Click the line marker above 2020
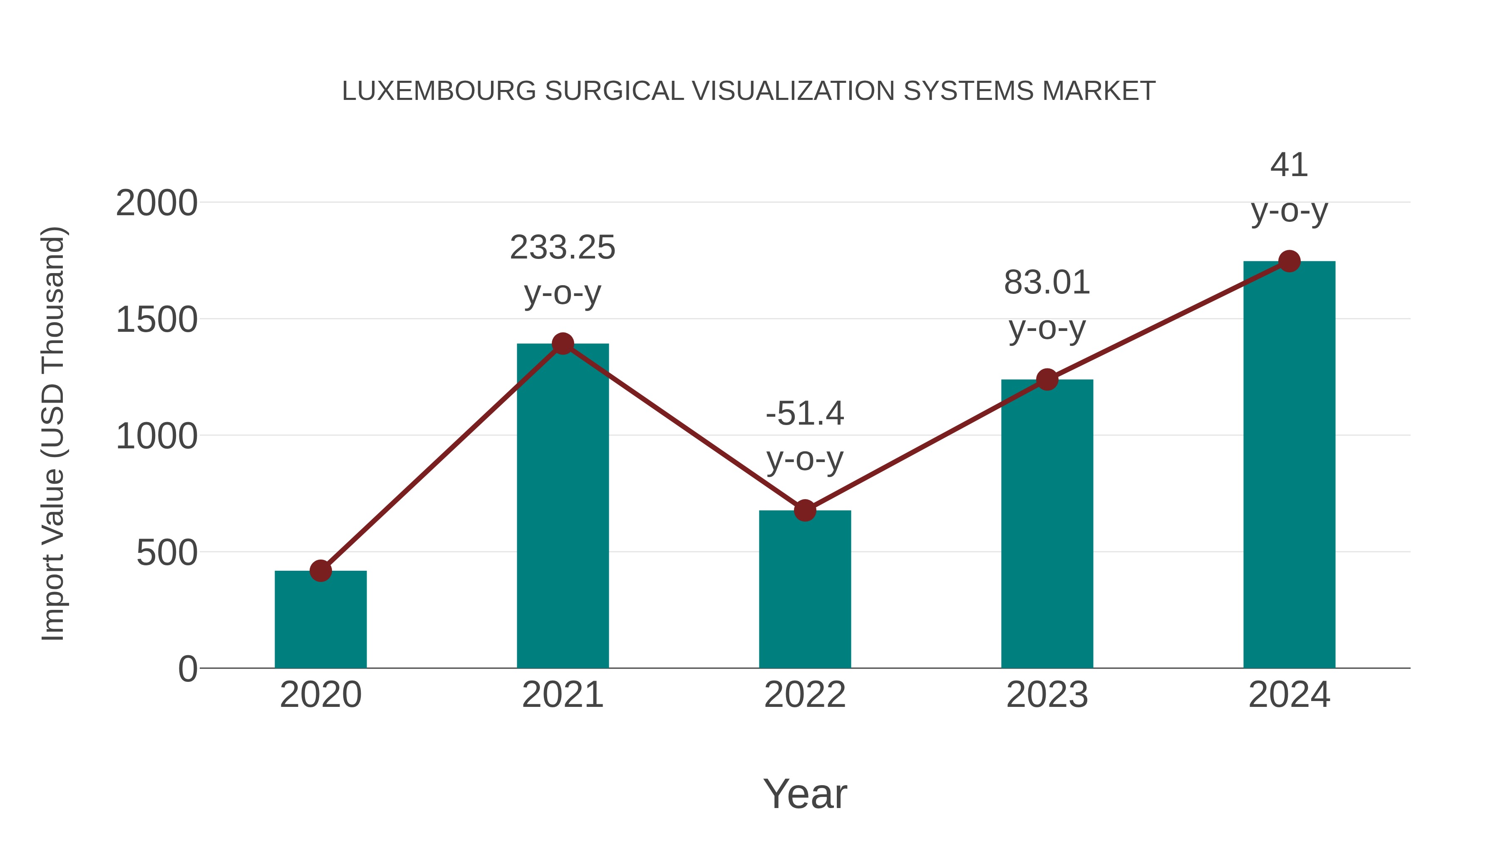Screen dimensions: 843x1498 point(320,571)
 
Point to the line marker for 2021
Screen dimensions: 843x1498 point(562,344)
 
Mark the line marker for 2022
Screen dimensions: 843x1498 point(805,510)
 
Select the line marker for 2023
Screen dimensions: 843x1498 point(1047,379)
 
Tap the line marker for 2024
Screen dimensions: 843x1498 point(1289,261)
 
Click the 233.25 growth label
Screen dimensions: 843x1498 point(562,248)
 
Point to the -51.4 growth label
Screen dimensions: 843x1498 point(805,414)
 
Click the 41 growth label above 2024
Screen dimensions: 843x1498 point(1289,165)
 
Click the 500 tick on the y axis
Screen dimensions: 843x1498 point(167,553)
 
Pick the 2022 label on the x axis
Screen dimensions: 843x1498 point(805,695)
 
